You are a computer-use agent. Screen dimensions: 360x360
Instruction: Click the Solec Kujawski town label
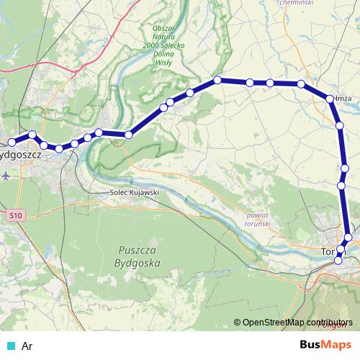coord(134,193)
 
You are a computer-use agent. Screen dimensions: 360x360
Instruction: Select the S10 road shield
coord(17,215)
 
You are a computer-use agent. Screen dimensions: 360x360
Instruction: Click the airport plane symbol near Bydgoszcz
coord(6,175)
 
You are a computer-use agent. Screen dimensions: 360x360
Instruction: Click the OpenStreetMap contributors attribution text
coord(297,323)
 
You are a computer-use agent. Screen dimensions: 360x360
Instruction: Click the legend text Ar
coord(27,346)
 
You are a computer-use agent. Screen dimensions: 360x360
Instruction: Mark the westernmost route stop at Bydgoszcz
coord(11,141)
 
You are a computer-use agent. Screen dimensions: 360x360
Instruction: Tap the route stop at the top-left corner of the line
coord(217,80)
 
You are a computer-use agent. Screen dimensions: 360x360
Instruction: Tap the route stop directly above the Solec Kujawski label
coord(128,135)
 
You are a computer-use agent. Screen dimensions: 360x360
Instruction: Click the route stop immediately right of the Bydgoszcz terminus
coord(32,135)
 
